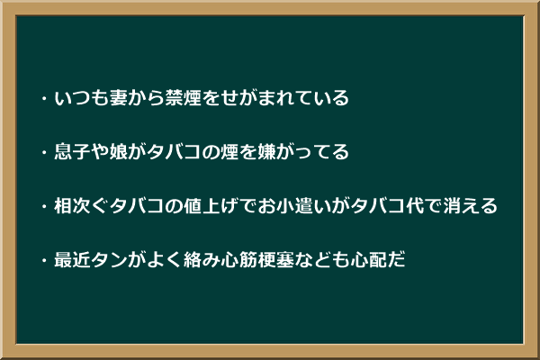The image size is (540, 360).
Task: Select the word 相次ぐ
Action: [82, 206]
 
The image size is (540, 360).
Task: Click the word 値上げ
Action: [211, 206]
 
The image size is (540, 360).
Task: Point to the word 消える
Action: [470, 206]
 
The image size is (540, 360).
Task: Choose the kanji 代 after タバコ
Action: [415, 206]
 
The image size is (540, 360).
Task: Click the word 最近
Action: [72, 259]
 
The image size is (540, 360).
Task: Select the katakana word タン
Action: [109, 259]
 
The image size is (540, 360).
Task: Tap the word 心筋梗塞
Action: [256, 259]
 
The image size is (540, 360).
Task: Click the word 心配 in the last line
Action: [368, 259]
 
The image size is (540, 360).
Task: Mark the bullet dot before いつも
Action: [44, 98]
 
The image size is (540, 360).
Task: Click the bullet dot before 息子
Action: [44, 152]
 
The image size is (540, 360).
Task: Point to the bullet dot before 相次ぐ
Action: [44, 206]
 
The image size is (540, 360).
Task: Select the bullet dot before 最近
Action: [44, 260]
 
